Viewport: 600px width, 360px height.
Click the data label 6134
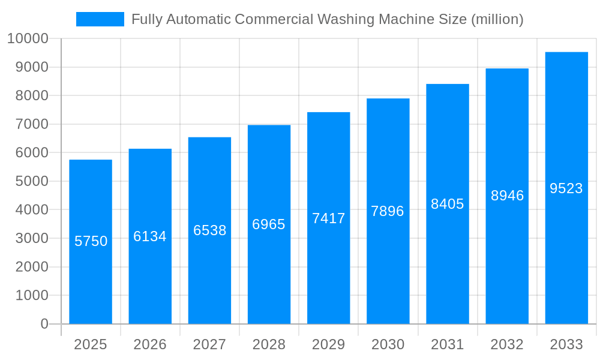(x=150, y=236)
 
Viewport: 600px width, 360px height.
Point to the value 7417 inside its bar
(x=328, y=218)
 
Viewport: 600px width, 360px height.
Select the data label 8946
(x=507, y=196)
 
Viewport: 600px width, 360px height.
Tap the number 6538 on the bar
(x=209, y=230)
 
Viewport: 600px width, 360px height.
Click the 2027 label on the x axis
(x=209, y=344)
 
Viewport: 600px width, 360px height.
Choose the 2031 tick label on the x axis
(x=447, y=344)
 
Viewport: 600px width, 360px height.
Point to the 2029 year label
(x=328, y=344)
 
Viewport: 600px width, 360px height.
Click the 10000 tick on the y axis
(x=28, y=39)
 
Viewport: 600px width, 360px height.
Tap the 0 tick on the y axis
(x=44, y=324)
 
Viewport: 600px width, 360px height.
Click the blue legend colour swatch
(x=100, y=19)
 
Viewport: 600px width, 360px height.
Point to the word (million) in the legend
(x=497, y=19)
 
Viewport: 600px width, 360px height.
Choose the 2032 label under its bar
(x=507, y=344)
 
